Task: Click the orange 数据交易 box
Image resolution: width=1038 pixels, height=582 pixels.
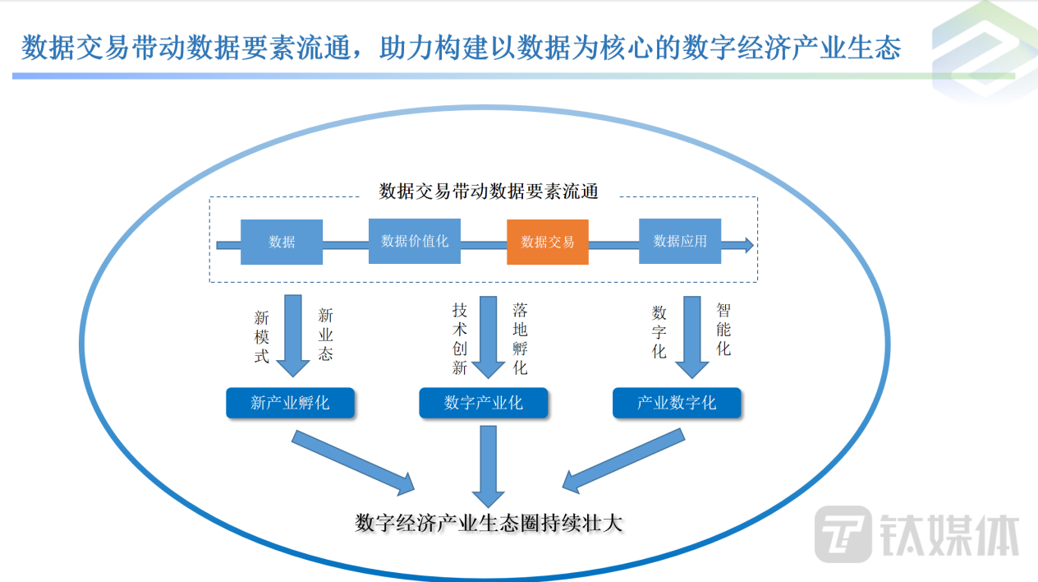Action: (547, 242)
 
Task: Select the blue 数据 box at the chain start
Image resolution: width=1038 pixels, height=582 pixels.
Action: (281, 242)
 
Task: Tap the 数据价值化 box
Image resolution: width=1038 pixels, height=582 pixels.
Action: (415, 241)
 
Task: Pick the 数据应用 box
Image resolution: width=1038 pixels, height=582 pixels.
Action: (680, 241)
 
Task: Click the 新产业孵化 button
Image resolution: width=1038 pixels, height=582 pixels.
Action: (290, 403)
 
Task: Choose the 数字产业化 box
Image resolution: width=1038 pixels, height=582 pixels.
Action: (484, 403)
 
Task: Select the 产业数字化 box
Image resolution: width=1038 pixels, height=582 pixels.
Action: (677, 403)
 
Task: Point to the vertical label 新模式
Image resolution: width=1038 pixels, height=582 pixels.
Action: (262, 336)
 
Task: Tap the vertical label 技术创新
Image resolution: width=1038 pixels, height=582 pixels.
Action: (459, 338)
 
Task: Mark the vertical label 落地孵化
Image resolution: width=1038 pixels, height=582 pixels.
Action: (520, 338)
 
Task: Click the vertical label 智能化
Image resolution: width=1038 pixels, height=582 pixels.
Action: (723, 329)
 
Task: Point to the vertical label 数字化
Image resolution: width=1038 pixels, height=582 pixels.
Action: (659, 332)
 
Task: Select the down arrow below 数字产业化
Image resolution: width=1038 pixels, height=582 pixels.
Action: (489, 464)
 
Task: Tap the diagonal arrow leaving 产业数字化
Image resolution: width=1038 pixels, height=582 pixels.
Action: (624, 460)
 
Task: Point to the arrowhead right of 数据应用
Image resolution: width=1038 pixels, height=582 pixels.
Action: (746, 244)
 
